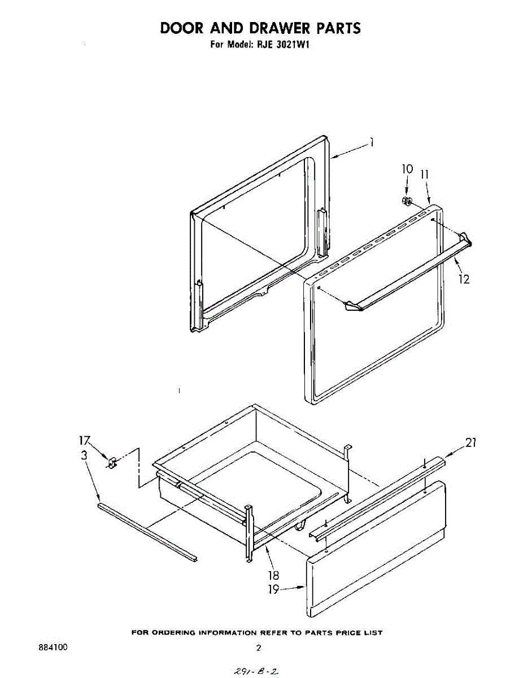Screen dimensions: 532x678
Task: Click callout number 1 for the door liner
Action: (372, 143)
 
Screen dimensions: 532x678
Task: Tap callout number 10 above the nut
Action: (407, 169)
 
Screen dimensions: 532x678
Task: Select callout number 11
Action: (425, 175)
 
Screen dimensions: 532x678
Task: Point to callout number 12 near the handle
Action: (464, 279)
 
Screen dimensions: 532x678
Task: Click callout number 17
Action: (84, 440)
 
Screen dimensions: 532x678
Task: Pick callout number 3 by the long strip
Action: (84, 455)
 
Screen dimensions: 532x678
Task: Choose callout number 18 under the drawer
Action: (273, 576)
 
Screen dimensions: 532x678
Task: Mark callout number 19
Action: (273, 589)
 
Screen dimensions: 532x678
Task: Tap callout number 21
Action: (470, 444)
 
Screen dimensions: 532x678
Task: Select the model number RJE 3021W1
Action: (281, 45)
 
